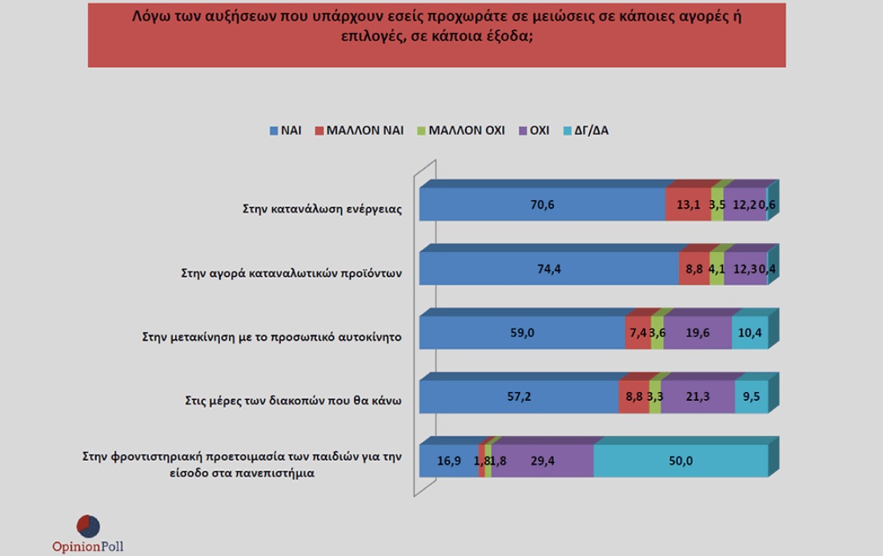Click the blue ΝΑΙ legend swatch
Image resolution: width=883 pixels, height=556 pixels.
pyautogui.click(x=273, y=130)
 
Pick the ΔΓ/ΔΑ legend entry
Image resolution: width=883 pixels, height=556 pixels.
pyautogui.click(x=587, y=130)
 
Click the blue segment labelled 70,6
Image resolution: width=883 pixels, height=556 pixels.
pyautogui.click(x=542, y=205)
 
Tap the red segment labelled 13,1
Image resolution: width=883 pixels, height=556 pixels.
pyautogui.click(x=688, y=205)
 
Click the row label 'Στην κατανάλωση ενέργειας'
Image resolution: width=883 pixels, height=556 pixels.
pyautogui.click(x=321, y=210)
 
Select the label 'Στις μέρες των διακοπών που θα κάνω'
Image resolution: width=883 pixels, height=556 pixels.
pyautogui.click(x=286, y=401)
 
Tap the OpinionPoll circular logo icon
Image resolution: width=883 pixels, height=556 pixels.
pyautogui.click(x=88, y=526)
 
